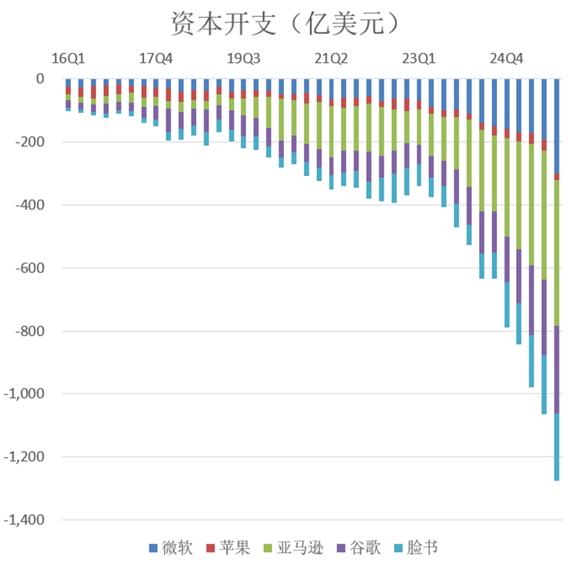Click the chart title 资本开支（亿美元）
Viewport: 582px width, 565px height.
point(285,24)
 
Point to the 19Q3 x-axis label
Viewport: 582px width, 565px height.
point(243,58)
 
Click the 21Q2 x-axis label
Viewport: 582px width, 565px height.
point(331,58)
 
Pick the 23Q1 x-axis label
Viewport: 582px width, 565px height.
point(419,58)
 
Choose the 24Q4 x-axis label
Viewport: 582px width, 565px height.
point(507,58)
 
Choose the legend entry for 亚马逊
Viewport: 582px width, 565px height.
point(293,548)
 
